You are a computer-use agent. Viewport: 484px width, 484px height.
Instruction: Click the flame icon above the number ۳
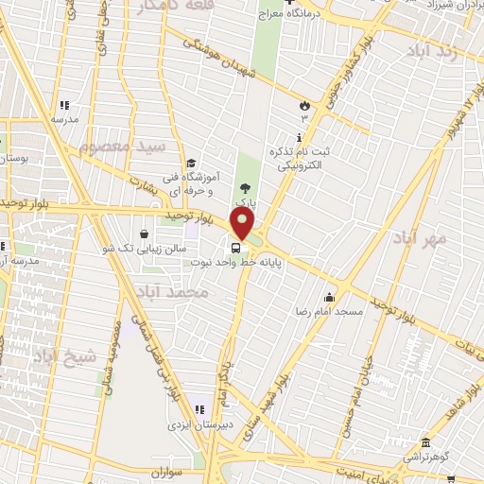click(x=304, y=106)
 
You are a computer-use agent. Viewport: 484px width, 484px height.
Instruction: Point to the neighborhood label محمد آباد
click(x=171, y=294)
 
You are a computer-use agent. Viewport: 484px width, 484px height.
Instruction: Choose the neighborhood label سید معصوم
click(x=120, y=147)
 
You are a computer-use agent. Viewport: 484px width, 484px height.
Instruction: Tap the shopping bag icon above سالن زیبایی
click(x=143, y=233)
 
